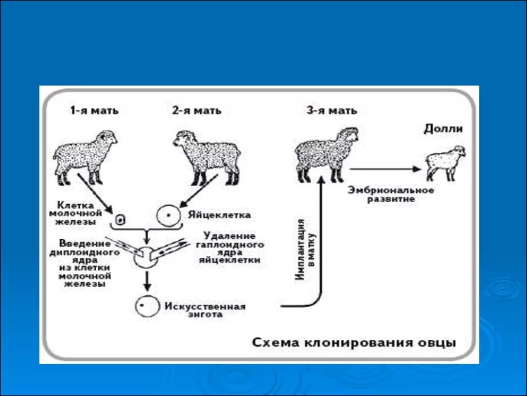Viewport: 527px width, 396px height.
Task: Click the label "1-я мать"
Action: pos(94,110)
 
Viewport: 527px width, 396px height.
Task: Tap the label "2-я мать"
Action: pos(197,110)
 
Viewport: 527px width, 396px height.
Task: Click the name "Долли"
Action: pos(443,129)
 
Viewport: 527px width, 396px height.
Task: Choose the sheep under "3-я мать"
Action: pos(326,153)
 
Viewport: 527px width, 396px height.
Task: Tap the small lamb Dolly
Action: pos(445,162)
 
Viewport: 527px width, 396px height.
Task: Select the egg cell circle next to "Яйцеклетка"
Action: pos(169,215)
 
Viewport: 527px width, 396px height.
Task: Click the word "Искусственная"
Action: pos(205,306)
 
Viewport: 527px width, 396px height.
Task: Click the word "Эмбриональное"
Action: pos(391,190)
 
